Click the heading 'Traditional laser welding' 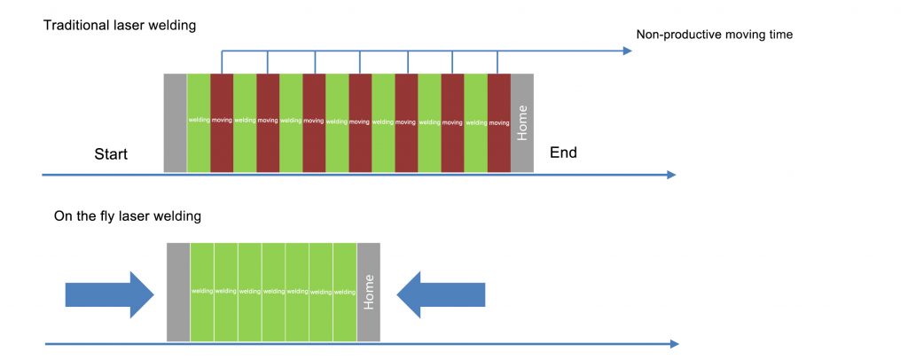[x=120, y=26]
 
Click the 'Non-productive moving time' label [x=714, y=35]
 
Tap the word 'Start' [x=111, y=154]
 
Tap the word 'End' [x=563, y=153]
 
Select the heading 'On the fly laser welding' [x=128, y=215]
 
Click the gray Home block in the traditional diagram [x=522, y=122]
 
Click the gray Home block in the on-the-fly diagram [x=368, y=292]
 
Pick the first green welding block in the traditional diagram [x=198, y=122]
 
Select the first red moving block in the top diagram [x=221, y=122]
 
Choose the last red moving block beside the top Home [x=499, y=122]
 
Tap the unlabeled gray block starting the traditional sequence [x=175, y=122]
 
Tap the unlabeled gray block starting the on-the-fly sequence [x=178, y=292]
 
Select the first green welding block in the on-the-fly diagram [x=202, y=292]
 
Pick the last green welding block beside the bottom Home [x=344, y=292]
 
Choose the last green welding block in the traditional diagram [x=475, y=122]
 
